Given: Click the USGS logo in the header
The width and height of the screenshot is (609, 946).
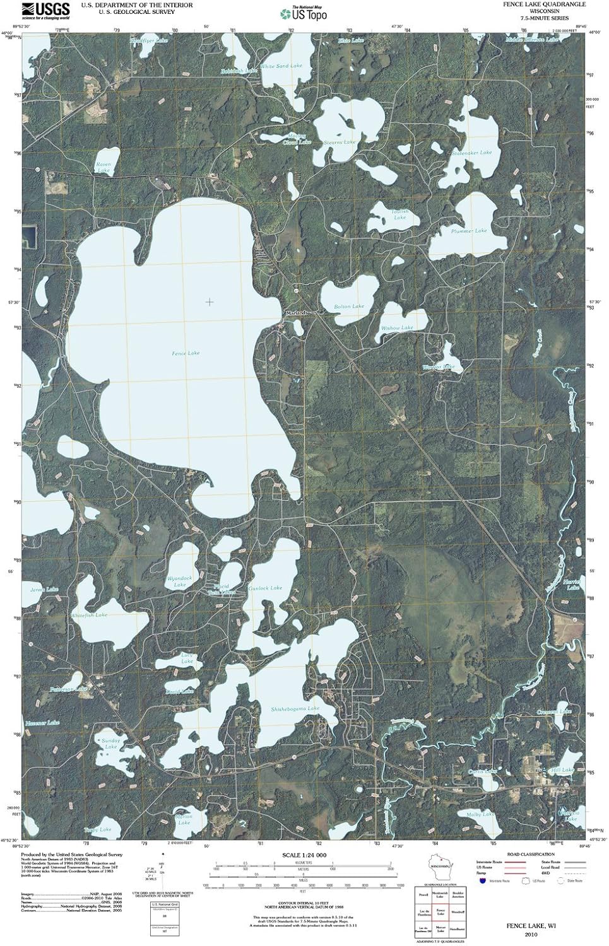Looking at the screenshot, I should click(45, 10).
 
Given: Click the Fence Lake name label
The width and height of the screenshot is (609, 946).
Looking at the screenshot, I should click(186, 353).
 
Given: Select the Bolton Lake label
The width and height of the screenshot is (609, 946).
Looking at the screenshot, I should click(349, 307).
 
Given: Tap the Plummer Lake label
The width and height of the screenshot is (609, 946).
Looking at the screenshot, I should click(469, 231).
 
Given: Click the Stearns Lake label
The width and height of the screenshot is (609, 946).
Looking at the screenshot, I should click(340, 143).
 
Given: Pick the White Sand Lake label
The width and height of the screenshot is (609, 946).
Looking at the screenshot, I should click(281, 66).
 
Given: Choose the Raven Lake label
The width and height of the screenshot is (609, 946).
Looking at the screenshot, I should click(103, 167).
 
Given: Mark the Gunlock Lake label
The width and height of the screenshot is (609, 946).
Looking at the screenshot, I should click(265, 588).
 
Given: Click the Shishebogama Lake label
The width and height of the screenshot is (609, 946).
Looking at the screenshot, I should click(295, 709).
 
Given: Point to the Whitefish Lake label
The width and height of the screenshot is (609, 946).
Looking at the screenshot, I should click(89, 615).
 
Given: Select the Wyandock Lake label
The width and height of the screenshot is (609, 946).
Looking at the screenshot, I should click(180, 581).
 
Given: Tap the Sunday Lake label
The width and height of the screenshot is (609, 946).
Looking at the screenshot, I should click(110, 744).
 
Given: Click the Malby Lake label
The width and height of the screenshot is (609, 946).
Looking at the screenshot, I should click(480, 814).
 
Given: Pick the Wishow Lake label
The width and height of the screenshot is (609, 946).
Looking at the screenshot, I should click(397, 328).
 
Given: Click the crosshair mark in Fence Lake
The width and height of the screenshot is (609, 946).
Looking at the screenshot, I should click(209, 302).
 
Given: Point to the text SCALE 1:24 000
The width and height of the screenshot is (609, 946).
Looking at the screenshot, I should click(304, 855).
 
